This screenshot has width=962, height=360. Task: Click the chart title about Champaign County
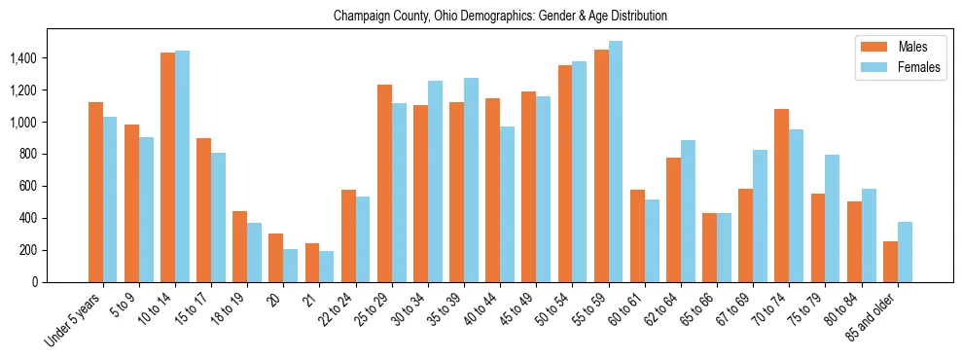click(x=500, y=16)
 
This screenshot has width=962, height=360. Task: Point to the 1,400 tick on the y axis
click(x=21, y=58)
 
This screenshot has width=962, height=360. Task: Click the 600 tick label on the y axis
click(x=26, y=186)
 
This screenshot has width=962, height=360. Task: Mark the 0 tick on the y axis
click(x=33, y=282)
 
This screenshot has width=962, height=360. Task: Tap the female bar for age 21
click(x=327, y=267)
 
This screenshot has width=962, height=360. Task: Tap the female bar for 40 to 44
click(x=507, y=204)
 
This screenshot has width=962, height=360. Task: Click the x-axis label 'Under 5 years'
click(x=74, y=320)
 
